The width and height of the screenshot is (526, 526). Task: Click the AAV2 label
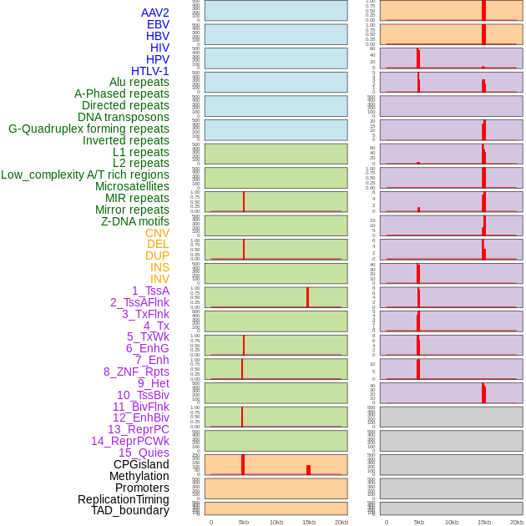(154, 13)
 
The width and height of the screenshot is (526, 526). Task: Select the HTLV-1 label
(149, 71)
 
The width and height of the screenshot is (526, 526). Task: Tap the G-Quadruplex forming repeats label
(89, 129)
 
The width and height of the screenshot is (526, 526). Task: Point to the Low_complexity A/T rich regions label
(85, 174)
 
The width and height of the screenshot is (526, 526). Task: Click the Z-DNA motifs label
(134, 221)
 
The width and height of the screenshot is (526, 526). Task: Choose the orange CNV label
(157, 233)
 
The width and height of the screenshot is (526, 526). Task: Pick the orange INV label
(159, 279)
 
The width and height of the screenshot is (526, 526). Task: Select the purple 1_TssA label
(150, 291)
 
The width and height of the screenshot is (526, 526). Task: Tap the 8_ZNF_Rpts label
(136, 372)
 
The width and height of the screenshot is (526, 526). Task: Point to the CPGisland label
(141, 464)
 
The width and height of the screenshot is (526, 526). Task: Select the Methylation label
(139, 476)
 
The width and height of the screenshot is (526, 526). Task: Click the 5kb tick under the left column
(244, 522)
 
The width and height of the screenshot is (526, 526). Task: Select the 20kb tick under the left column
(341, 522)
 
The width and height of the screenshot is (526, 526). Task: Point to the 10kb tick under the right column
(452, 522)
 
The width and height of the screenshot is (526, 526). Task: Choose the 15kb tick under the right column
(484, 522)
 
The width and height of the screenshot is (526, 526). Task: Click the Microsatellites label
(132, 186)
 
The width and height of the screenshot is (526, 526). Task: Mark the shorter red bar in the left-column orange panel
(308, 470)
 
